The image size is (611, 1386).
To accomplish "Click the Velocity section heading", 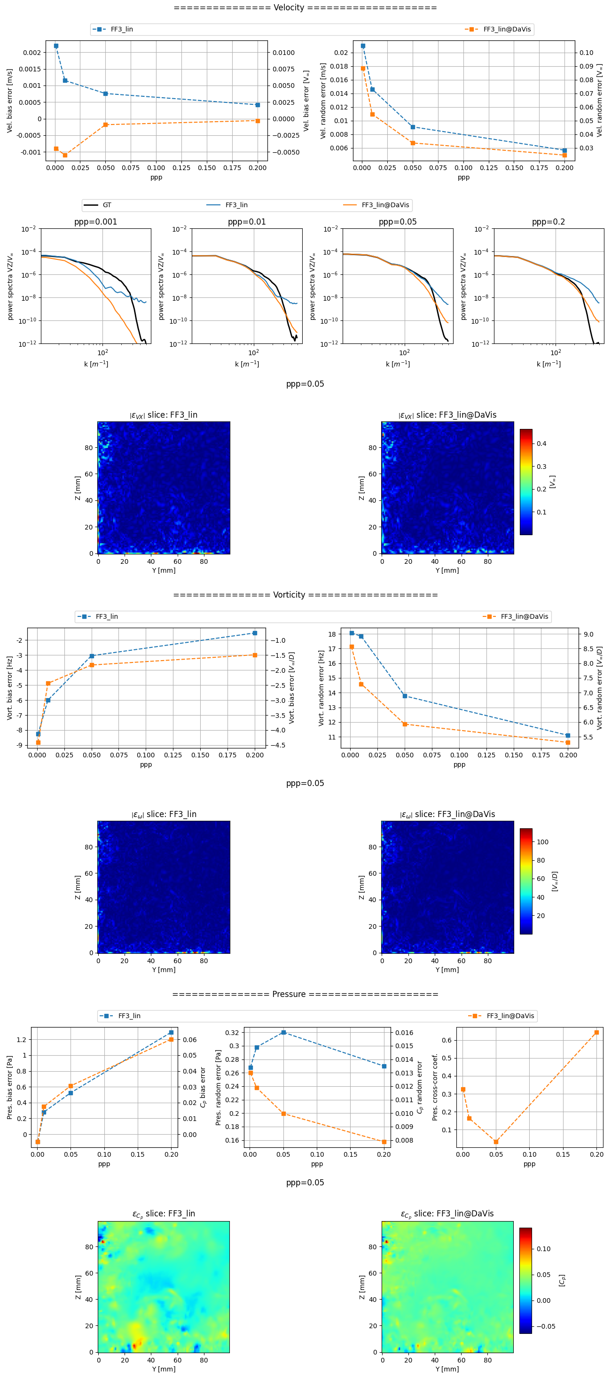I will [305, 8].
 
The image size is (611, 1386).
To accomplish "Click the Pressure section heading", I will [305, 994].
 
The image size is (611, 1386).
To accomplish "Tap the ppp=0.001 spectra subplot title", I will [95, 222].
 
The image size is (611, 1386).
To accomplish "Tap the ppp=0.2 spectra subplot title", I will [548, 222].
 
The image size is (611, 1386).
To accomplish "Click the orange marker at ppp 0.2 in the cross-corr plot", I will [596, 1033].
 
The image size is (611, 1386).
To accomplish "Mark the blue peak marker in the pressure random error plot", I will [284, 1033].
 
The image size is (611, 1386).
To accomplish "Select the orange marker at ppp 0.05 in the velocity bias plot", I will [105, 125].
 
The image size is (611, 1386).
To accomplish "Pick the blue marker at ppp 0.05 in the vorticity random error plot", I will [405, 696].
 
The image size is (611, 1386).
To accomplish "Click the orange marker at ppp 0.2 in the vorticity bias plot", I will [255, 655].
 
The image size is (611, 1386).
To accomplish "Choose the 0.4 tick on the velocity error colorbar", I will [541, 444].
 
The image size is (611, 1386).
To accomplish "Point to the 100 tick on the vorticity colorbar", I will [542, 842].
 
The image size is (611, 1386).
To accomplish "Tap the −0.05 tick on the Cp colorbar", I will [545, 1326].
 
